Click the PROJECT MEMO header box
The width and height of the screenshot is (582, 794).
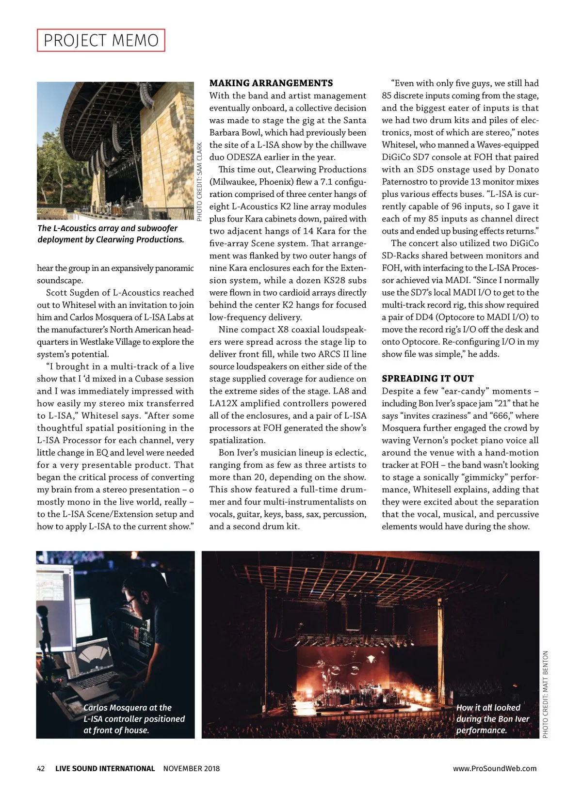[x=101, y=40]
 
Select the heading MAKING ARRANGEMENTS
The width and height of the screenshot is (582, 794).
[x=271, y=83]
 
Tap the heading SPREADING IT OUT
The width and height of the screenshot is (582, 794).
[x=428, y=379]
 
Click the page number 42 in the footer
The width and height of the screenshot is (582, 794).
[x=41, y=768]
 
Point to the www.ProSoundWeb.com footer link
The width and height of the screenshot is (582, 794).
[x=495, y=768]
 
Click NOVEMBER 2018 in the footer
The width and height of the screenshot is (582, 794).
[x=192, y=768]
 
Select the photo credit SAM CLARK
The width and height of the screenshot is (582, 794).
[x=199, y=181]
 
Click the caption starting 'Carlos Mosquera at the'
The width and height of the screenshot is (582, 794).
[x=134, y=719]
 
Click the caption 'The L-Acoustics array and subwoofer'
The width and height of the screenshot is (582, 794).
[x=111, y=234]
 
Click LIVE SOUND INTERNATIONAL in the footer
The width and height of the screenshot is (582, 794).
[x=105, y=768]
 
